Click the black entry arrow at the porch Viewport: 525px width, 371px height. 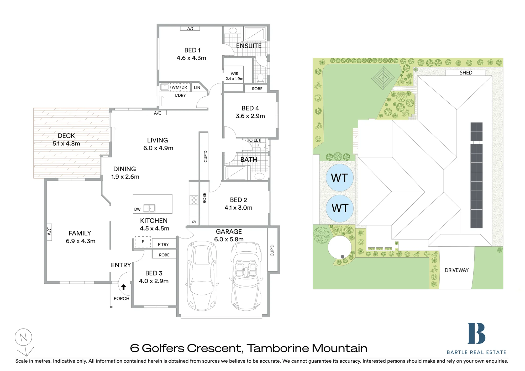(123, 287)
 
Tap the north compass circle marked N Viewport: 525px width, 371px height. (23, 337)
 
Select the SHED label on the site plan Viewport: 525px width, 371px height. (466, 73)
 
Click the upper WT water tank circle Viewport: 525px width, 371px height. (339, 178)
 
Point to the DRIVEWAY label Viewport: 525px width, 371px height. (456, 270)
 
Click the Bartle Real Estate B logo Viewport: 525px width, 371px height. (476, 333)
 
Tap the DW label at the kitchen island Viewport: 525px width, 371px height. (137, 209)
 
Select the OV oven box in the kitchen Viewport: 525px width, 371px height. (194, 221)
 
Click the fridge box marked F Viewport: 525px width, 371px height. (143, 242)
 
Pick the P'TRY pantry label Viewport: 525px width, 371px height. (163, 244)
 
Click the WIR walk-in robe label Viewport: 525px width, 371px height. (234, 74)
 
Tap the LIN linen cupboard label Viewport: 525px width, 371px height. (197, 88)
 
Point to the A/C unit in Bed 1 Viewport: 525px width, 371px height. (190, 28)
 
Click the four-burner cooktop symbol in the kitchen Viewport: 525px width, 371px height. (194, 200)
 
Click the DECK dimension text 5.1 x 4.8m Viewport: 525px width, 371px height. (66, 144)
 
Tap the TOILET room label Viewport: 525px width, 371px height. (254, 140)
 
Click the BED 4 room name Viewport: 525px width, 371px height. (250, 108)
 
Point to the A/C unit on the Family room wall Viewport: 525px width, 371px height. (49, 232)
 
